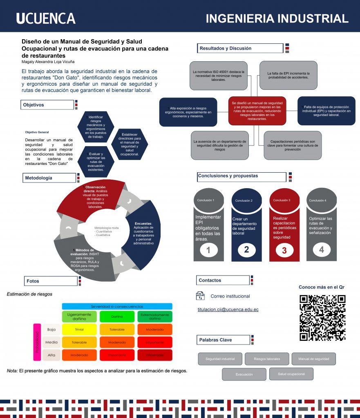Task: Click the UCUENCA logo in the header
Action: (x=46, y=18)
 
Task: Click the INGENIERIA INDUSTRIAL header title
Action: (x=277, y=18)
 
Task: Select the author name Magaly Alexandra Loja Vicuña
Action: (x=47, y=62)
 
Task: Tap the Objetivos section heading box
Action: (x=47, y=105)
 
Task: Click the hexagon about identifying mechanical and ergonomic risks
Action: (x=96, y=126)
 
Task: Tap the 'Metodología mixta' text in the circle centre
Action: (x=106, y=231)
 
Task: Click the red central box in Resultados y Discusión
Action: (x=257, y=111)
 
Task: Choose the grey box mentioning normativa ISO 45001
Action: (x=218, y=75)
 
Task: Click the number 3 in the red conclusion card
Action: (x=284, y=251)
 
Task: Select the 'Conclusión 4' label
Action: (x=318, y=200)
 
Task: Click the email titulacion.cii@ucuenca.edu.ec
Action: (x=228, y=309)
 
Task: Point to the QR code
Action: (x=322, y=318)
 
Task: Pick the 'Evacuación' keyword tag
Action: (x=244, y=374)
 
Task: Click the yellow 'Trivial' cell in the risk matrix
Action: (x=79, y=329)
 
